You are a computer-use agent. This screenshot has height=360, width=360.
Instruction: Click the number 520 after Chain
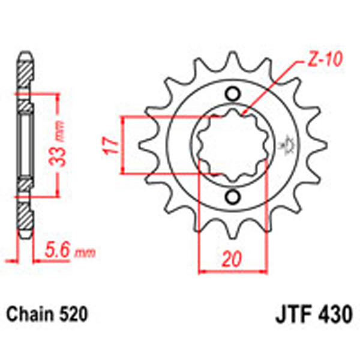click(74, 314)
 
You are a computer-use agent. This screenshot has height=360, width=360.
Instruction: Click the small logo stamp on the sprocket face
click(286, 146)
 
